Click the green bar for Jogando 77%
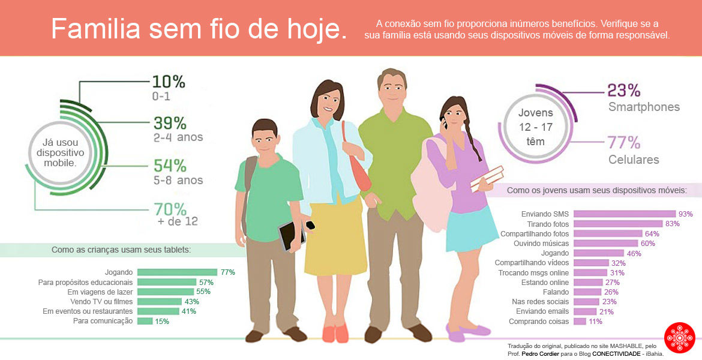pyautogui.click(x=177, y=272)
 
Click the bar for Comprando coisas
pyautogui.click(x=580, y=322)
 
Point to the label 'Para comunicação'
pyautogui.click(x=103, y=321)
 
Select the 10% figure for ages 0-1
pyautogui.click(x=169, y=82)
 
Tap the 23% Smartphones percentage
pyautogui.click(x=624, y=91)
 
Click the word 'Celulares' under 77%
pyautogui.click(x=634, y=160)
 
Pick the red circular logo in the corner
pyautogui.click(x=680, y=338)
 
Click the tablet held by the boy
pyautogui.click(x=291, y=235)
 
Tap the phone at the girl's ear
pyautogui.click(x=445, y=126)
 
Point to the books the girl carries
pyautogui.click(x=487, y=178)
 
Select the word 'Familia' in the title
pyautogui.click(x=95, y=29)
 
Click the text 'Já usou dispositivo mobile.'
pyautogui.click(x=59, y=152)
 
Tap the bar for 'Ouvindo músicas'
pyautogui.click(x=604, y=244)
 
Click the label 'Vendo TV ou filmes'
pyautogui.click(x=101, y=301)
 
